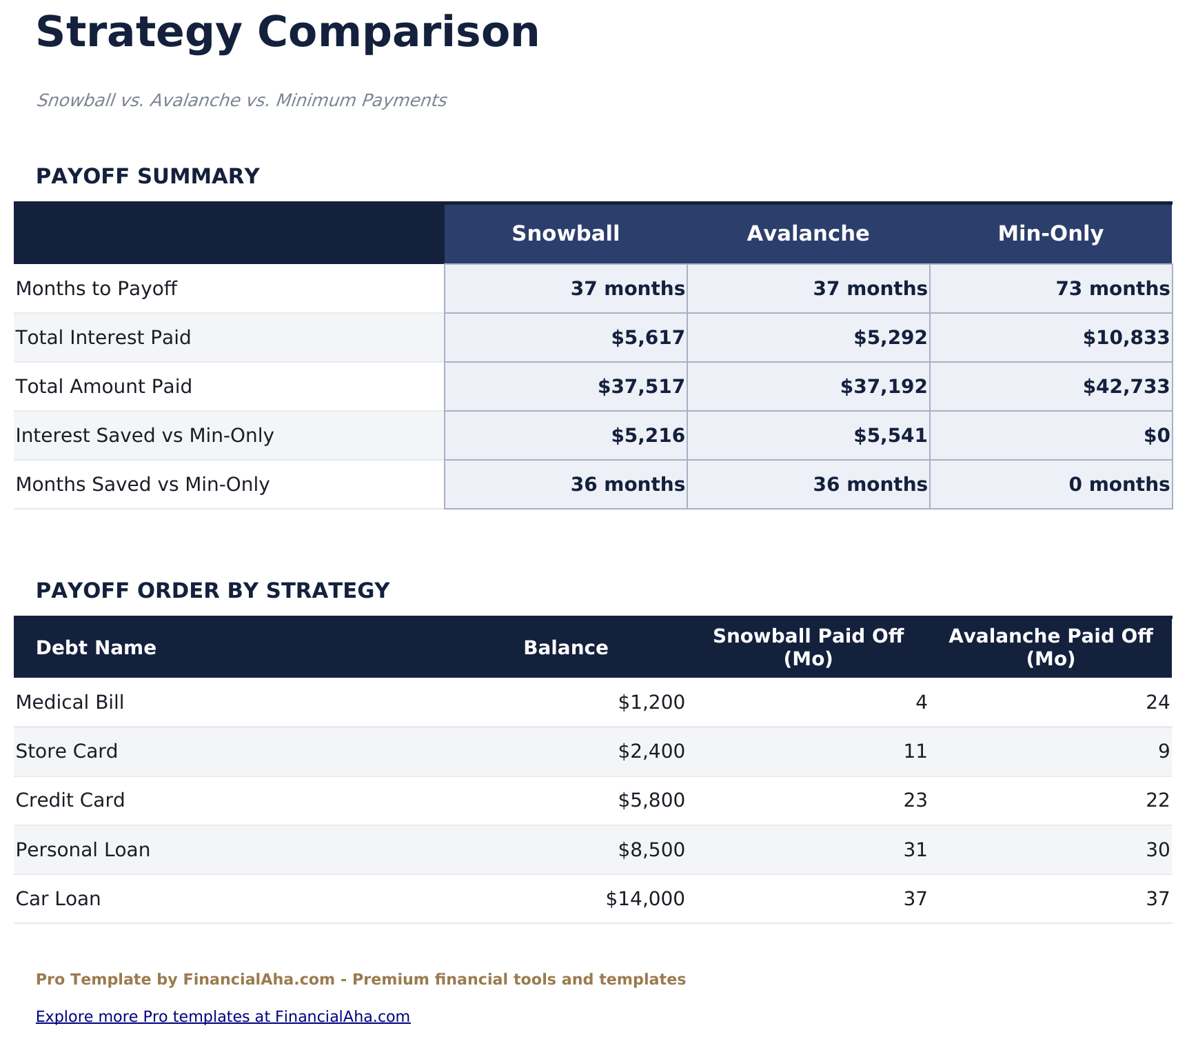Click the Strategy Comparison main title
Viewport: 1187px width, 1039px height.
coord(287,32)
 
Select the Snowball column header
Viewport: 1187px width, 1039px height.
coord(565,234)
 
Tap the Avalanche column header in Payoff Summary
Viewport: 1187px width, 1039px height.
coord(808,234)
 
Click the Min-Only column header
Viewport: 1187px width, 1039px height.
coord(1051,234)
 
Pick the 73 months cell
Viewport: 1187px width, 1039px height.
coord(1112,289)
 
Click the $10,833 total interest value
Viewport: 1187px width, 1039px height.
coord(1126,338)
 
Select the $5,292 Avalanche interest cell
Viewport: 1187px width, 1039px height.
coord(890,338)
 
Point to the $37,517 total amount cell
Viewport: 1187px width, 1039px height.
coord(641,387)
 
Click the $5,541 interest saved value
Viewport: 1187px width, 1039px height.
coord(890,436)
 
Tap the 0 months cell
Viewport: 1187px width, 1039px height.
coord(1119,485)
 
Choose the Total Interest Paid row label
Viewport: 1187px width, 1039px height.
coord(103,338)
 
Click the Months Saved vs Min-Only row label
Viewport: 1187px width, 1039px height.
coord(143,485)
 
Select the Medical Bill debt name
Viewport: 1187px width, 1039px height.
coord(70,703)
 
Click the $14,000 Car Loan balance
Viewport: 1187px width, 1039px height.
coord(645,899)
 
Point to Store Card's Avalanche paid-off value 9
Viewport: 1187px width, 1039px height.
coord(1164,751)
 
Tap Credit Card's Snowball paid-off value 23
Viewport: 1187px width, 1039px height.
coord(915,800)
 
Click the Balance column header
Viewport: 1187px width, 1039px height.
coord(565,648)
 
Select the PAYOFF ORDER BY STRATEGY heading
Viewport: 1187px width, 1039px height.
coord(212,591)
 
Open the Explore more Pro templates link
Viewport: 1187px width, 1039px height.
coord(223,1017)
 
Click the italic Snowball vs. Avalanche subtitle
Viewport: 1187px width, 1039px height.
coord(241,101)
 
